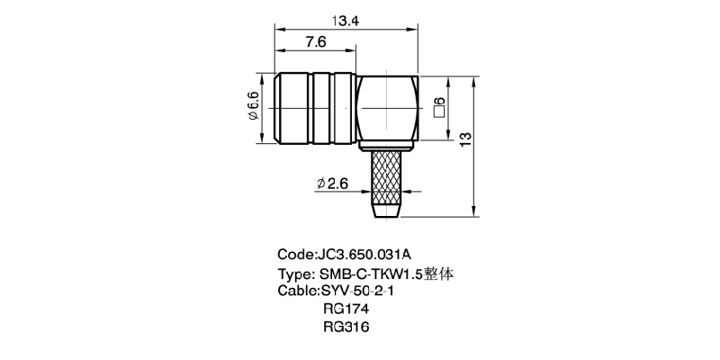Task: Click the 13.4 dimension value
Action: click(x=346, y=21)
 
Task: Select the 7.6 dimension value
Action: click(x=316, y=42)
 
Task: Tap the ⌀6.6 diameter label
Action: click(x=254, y=106)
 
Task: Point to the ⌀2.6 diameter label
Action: click(x=332, y=184)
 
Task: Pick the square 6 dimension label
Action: click(x=439, y=107)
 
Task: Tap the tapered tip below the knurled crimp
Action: click(x=386, y=211)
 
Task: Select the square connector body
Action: click(x=388, y=108)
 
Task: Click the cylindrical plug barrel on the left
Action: click(x=314, y=108)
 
